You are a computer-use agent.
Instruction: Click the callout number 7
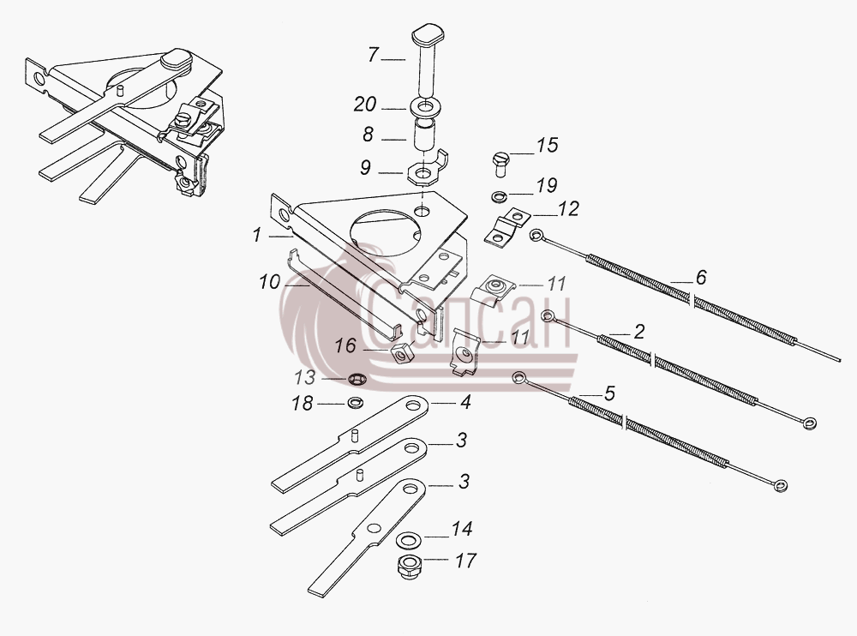point(374,55)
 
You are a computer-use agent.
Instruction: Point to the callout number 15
point(547,146)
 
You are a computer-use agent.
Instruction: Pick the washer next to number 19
point(499,195)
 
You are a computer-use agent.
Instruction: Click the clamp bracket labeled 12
point(506,227)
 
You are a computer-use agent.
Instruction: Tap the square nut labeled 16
point(402,353)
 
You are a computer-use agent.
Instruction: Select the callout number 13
point(305,377)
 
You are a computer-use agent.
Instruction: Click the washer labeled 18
point(356,403)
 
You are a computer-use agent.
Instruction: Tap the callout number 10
point(269,282)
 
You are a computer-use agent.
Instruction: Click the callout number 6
point(701,277)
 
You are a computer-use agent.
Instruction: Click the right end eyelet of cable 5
point(780,485)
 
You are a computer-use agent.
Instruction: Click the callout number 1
point(257,235)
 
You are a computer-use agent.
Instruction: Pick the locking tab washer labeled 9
point(427,170)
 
